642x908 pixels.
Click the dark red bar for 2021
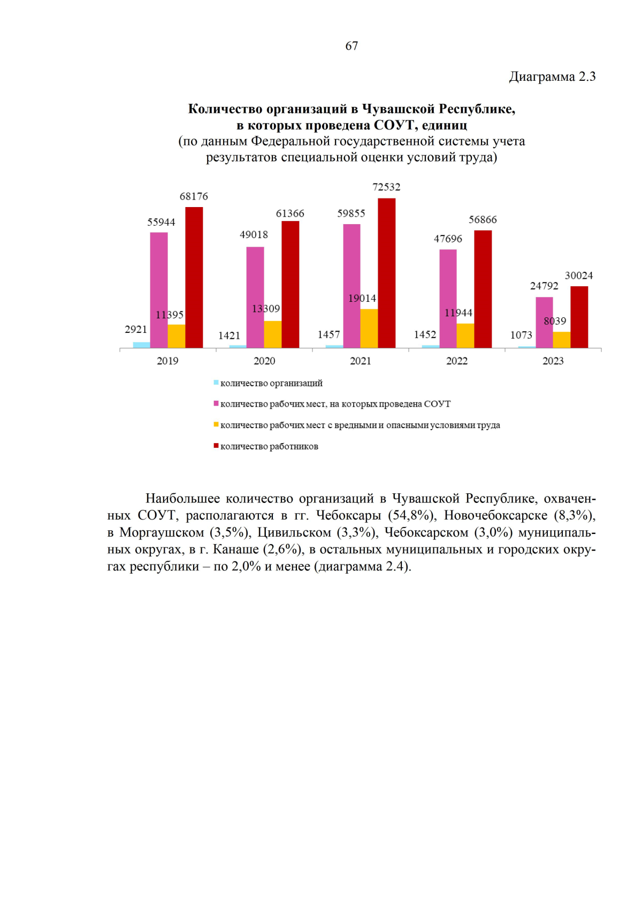pos(386,273)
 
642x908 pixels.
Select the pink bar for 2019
pos(159,290)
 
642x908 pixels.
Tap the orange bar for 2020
pos(272,334)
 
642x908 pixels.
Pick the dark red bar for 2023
pos(579,317)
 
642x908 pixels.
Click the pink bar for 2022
pos(448,299)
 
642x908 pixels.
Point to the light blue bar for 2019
pos(141,345)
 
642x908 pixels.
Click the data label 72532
pos(386,187)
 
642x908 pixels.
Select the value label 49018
pos(254,235)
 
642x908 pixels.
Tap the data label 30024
pos(579,276)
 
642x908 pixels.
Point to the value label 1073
pos(521,335)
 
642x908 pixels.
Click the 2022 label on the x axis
pos(457,361)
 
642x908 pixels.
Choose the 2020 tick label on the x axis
pos(264,361)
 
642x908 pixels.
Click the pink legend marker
pos(216,403)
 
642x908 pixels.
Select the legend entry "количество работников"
pos(269,447)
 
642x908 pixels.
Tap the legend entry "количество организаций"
pos(271,383)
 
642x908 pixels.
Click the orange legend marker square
pos(216,425)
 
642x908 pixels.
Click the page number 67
pos(351,46)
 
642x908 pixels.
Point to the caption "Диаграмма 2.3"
pos(552,77)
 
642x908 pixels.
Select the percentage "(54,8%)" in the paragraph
pos(410,515)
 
